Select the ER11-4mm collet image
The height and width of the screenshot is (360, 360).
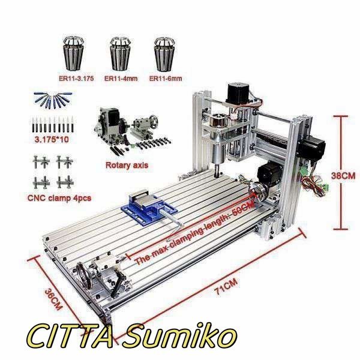[x=121, y=54]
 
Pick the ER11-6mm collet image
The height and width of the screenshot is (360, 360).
[x=164, y=55]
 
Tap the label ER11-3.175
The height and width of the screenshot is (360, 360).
[x=76, y=79]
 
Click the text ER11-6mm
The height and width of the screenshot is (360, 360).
[x=166, y=79]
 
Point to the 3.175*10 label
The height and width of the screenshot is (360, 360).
[x=52, y=139]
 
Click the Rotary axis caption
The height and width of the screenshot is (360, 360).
[x=127, y=165]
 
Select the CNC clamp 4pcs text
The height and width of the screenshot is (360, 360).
[x=59, y=198]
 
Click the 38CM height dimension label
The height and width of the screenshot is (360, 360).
[x=343, y=176]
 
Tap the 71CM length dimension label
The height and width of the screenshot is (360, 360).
[x=226, y=286]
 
